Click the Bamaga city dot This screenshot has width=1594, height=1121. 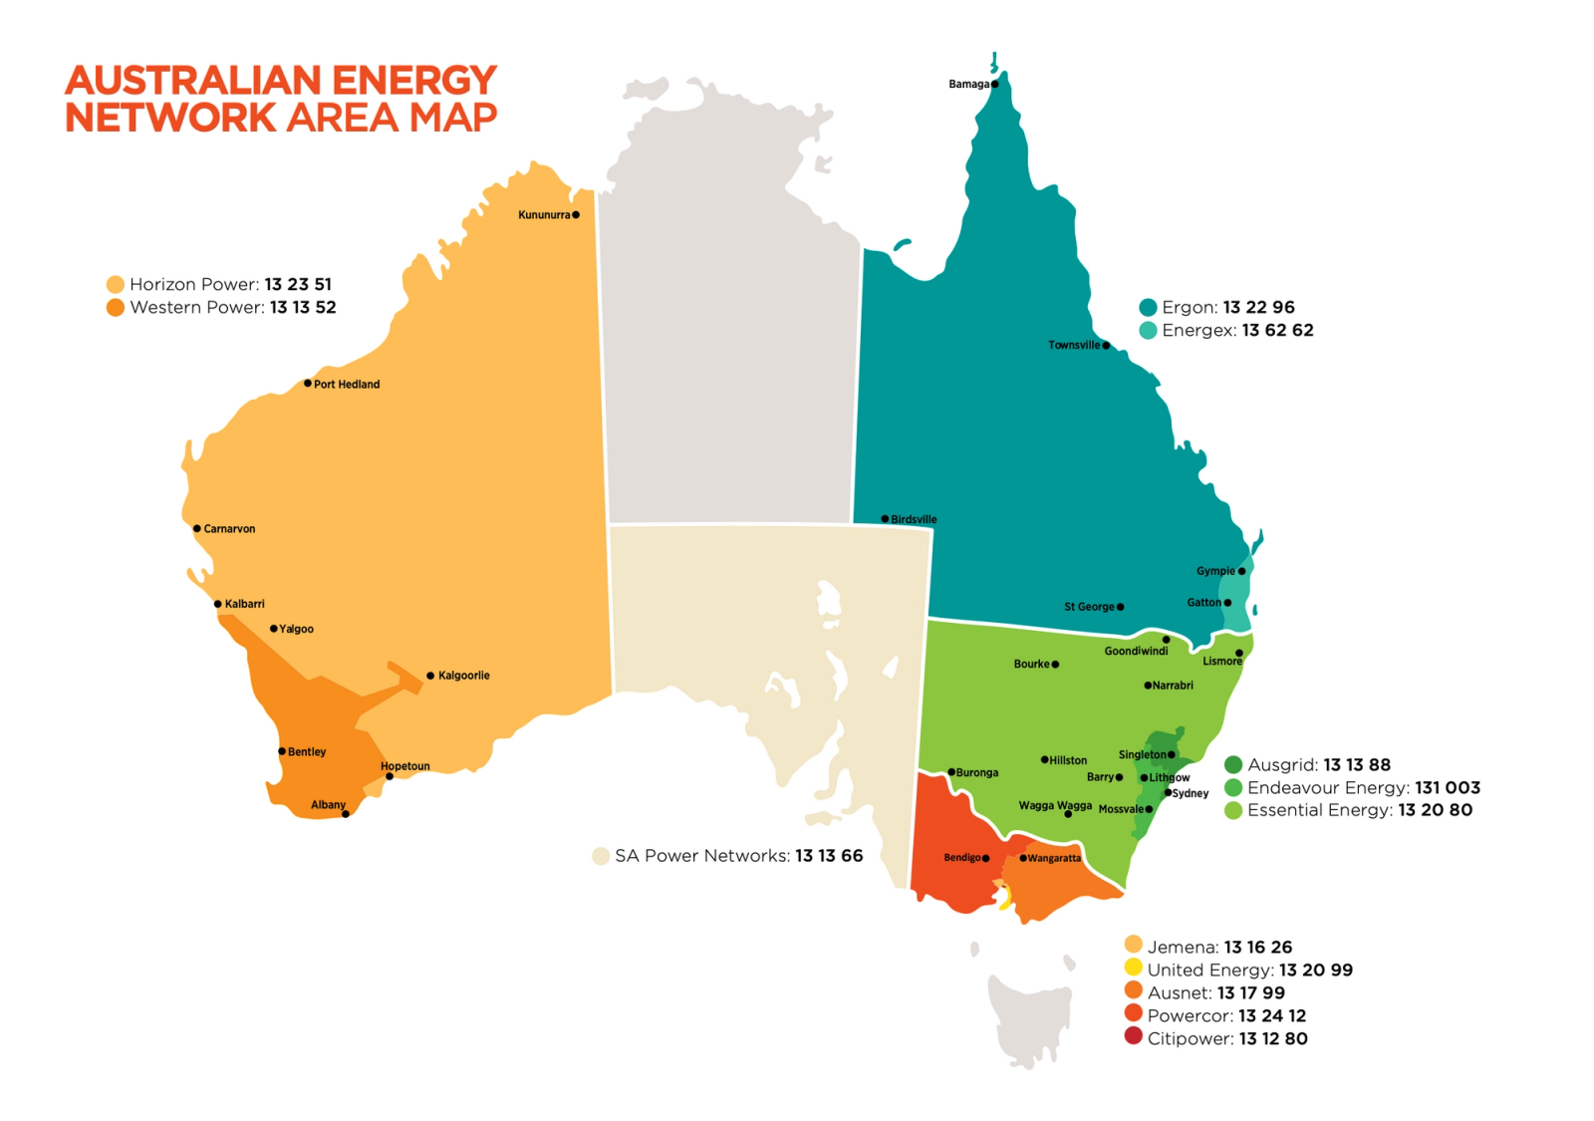994,85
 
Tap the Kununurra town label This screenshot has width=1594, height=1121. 544,215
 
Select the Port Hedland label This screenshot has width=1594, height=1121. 347,385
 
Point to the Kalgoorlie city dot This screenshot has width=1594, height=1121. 430,676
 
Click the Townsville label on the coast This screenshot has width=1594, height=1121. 1074,346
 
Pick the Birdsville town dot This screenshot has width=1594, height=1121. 885,519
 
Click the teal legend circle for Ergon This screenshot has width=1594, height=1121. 1148,308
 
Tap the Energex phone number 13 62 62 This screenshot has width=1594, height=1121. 1277,331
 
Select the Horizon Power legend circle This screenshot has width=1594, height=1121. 116,285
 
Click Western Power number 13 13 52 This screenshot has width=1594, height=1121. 303,308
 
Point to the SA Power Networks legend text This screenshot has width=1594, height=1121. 702,856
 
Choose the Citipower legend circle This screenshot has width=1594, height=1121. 1133,1036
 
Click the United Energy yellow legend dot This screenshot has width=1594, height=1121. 1133,968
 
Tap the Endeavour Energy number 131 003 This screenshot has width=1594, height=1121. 1447,788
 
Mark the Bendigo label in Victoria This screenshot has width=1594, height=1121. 961,858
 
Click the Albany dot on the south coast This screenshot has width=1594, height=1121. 346,814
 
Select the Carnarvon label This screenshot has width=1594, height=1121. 229,529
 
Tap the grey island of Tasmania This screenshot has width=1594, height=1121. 1026,1016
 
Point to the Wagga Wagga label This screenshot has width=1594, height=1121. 1055,805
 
